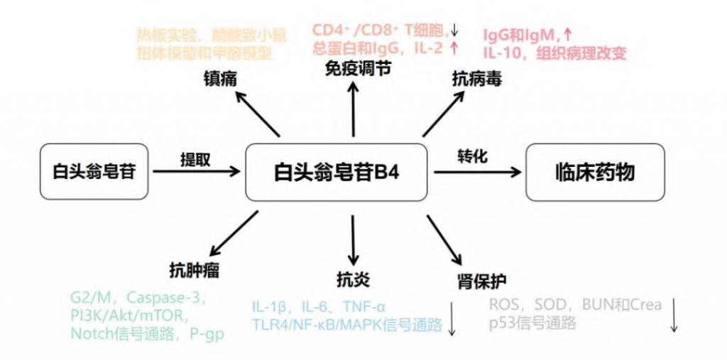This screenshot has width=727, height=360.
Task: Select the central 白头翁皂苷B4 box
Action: click(337, 172)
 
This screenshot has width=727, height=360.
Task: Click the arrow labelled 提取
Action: click(197, 171)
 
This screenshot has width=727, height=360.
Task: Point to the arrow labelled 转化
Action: click(475, 170)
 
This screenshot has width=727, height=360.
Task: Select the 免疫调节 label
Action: click(353, 70)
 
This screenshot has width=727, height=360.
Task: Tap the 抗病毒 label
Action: click(477, 80)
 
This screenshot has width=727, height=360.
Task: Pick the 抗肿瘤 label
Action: click(194, 269)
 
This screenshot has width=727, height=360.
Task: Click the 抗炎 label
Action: click(353, 277)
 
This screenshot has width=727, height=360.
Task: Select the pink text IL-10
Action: click(505, 53)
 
